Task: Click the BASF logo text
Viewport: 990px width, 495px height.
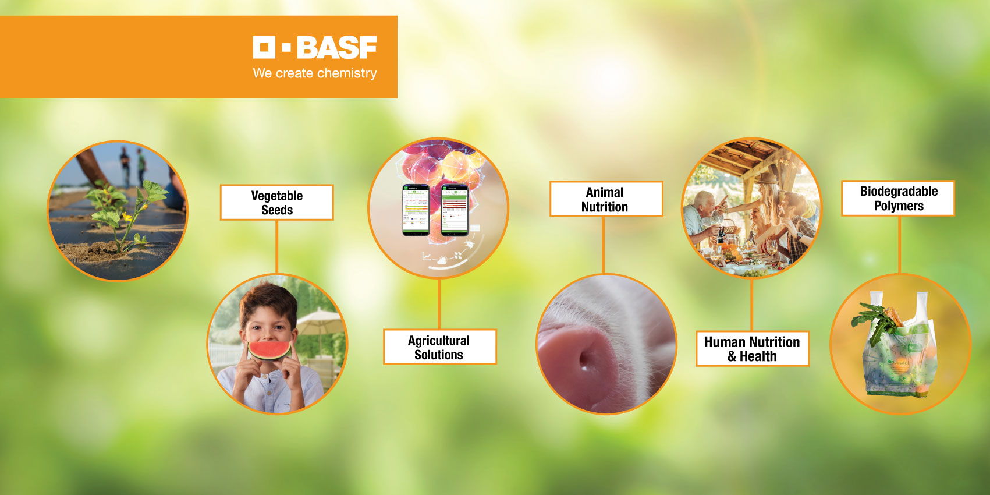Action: tap(337, 47)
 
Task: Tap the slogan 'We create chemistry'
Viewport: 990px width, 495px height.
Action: tap(315, 73)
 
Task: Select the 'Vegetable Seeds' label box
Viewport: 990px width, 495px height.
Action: tap(276, 203)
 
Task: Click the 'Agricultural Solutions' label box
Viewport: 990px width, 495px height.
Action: tap(440, 347)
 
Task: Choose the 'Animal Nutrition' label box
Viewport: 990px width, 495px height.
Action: tap(606, 199)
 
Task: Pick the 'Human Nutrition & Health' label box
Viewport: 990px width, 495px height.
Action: tap(752, 349)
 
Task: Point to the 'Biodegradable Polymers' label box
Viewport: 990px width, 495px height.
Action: tap(898, 198)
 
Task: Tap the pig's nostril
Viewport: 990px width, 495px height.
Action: tap(584, 362)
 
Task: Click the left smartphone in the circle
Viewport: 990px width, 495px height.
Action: tap(416, 210)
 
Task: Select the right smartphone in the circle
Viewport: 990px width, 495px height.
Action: tap(455, 210)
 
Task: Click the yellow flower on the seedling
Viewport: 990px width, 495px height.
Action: tap(127, 217)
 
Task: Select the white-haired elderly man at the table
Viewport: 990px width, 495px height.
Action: tap(701, 217)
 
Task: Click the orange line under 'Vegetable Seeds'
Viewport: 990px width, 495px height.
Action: tap(277, 247)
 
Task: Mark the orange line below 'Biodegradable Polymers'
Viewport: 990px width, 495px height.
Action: tap(899, 245)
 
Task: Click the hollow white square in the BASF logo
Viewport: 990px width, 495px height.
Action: tap(264, 47)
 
